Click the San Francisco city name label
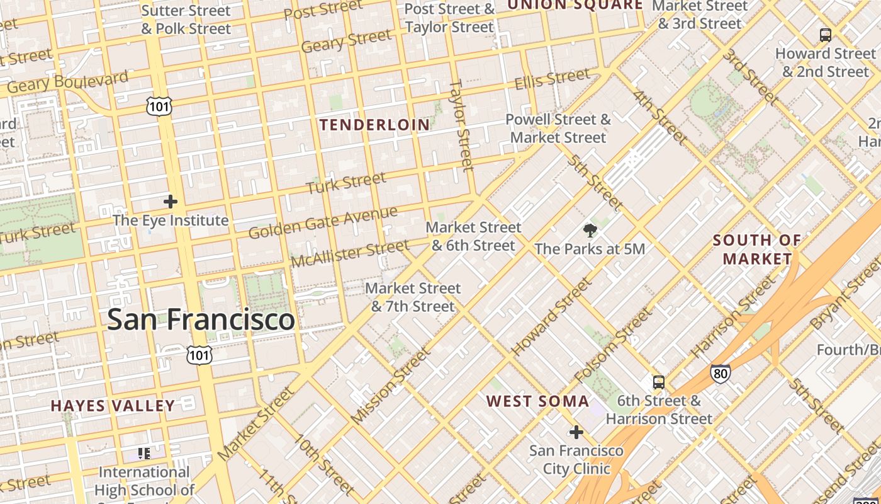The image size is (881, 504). pos(201,319)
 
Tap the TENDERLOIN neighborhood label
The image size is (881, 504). pos(374,125)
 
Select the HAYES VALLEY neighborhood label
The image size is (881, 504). pos(113,406)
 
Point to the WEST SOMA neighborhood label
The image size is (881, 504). pos(537,401)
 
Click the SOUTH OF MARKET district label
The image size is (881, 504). pos(757,249)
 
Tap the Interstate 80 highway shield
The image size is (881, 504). pos(721,374)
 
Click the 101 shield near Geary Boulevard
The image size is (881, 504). pos(159,106)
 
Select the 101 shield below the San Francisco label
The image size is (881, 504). pos(199,355)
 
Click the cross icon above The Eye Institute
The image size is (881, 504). pos(170,202)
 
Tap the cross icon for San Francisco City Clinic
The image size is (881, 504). pos(576,432)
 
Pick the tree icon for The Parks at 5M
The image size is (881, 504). pos(590,230)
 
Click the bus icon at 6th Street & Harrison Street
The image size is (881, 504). pos(658,382)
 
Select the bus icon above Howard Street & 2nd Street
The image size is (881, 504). pos(825,35)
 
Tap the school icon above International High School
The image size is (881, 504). pos(144,453)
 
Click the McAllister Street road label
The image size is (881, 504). pos(350,253)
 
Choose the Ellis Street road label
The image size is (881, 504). pos(552,79)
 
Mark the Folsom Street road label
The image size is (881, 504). pos(612,346)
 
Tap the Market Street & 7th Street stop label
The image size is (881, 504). pos(413,297)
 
